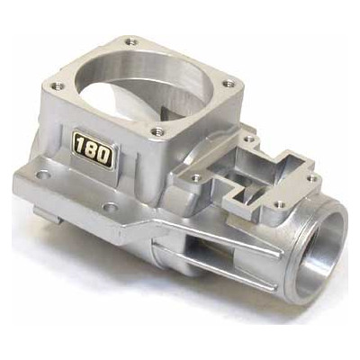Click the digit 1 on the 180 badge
(79, 147)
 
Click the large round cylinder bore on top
(143, 85)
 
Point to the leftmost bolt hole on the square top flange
(58, 86)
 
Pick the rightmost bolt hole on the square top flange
(229, 83)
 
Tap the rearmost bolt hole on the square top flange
(130, 41)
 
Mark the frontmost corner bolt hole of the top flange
(157, 131)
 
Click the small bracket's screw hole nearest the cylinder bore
(248, 139)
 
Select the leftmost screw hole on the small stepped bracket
(195, 177)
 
